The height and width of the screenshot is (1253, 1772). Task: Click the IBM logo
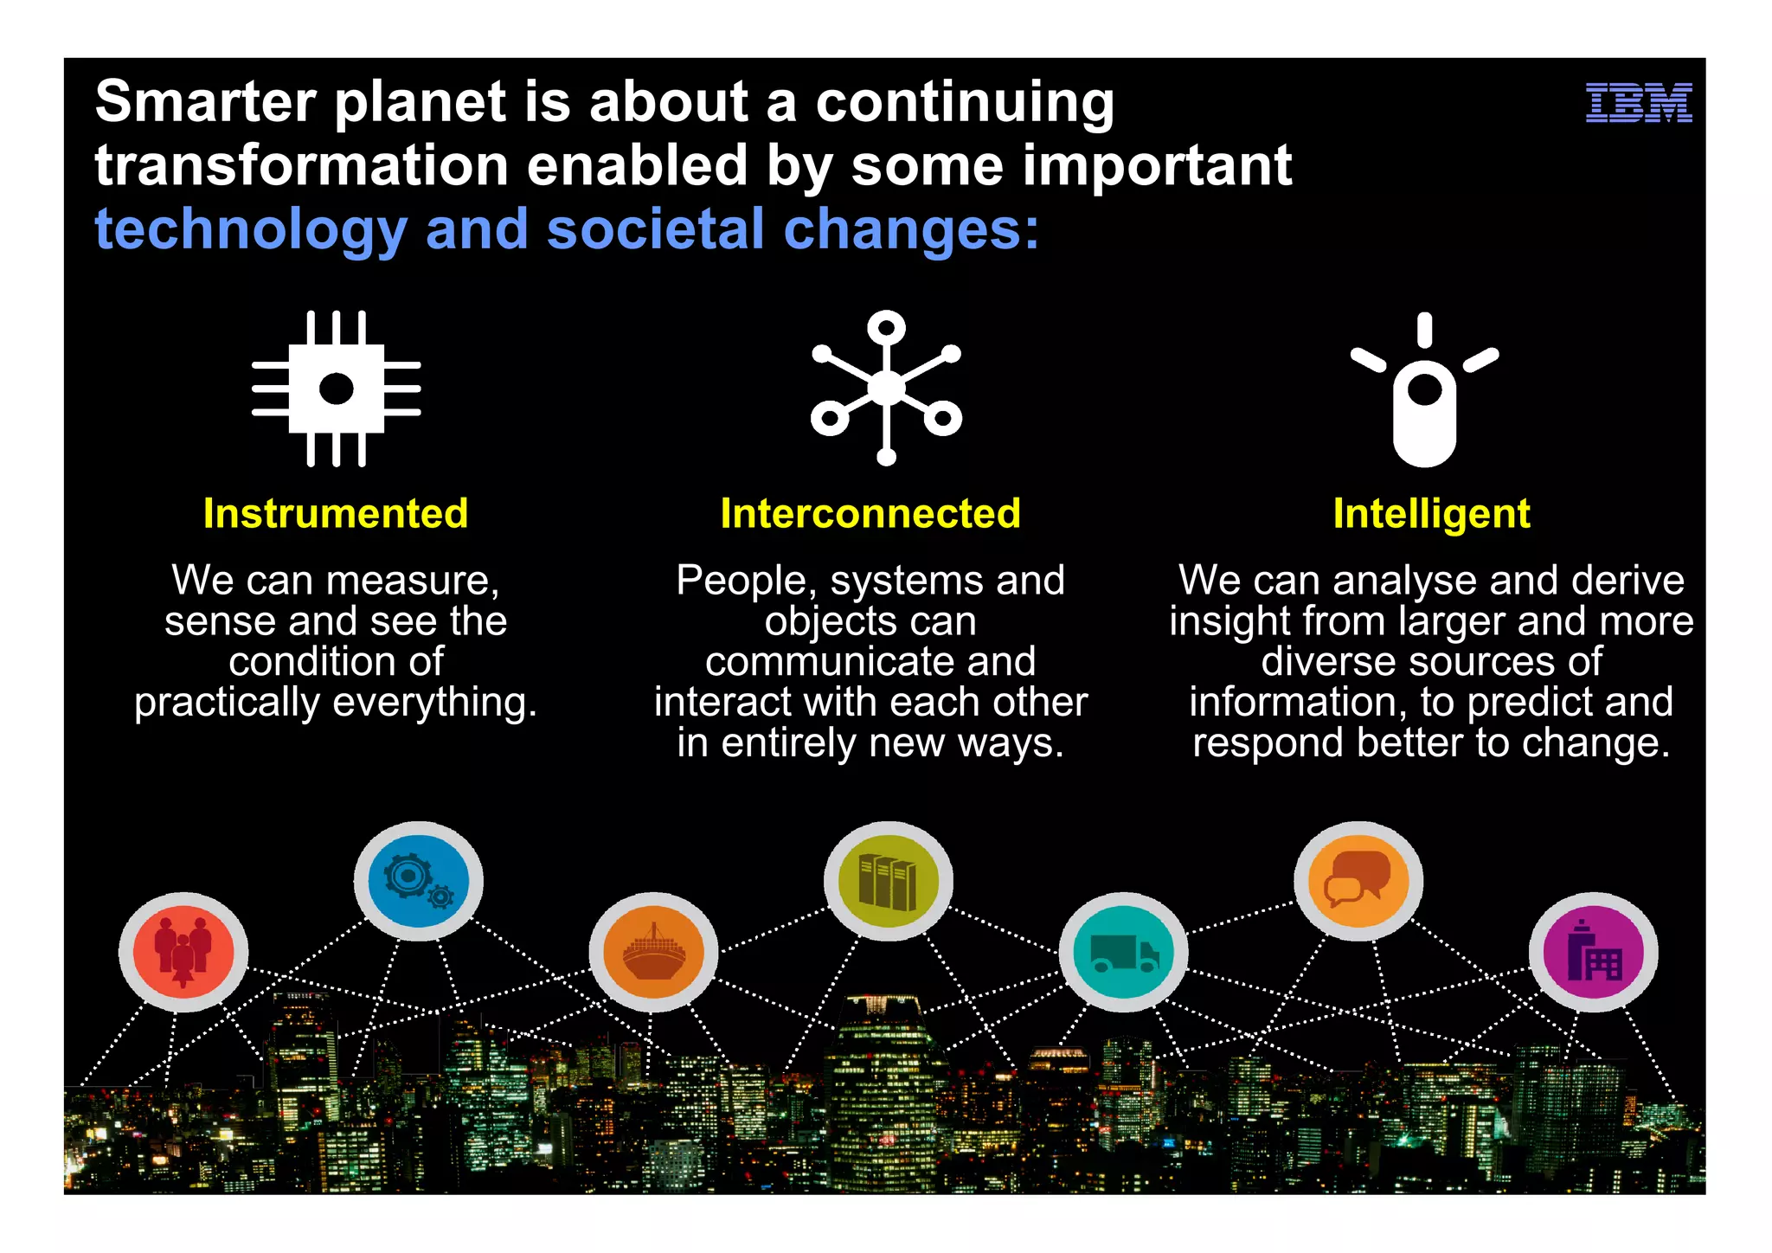point(1638,103)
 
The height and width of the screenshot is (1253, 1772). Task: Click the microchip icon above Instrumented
point(336,389)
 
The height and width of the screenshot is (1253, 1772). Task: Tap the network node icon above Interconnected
point(886,388)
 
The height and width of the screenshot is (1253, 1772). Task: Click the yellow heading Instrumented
point(336,513)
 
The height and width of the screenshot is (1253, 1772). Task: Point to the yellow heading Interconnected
point(870,513)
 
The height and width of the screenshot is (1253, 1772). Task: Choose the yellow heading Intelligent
point(1431,513)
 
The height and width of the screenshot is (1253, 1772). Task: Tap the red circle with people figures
point(183,952)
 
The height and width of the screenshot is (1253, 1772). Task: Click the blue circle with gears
point(419,881)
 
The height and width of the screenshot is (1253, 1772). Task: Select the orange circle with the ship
point(653,952)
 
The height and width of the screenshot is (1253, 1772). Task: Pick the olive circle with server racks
point(889,881)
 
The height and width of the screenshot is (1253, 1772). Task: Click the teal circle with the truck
point(1123,952)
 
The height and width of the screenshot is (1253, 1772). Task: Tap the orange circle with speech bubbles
point(1358,881)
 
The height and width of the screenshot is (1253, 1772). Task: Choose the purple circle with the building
point(1593,952)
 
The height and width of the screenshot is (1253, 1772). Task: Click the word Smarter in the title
point(206,102)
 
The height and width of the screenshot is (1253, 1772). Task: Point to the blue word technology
point(251,230)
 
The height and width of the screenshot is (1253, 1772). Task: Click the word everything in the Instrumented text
point(434,702)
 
